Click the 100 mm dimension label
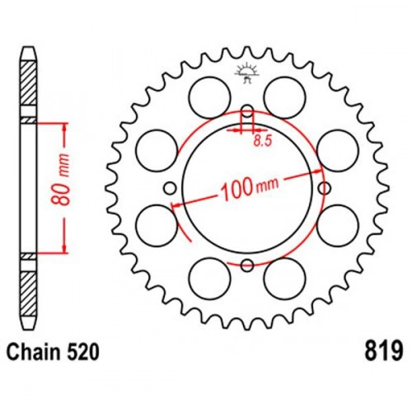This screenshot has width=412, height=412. coord(249,188)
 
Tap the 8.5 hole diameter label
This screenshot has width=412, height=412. coord(263,141)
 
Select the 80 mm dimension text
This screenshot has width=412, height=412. coord(60,180)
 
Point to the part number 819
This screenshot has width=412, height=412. coord(384,351)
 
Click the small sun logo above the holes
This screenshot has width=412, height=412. coord(247,72)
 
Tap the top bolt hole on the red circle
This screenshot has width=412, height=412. coord(248,111)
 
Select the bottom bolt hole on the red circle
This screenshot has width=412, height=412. coord(247,265)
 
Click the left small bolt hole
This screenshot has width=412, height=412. coord(170,189)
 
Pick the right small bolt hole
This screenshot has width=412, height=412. coord(325,189)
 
